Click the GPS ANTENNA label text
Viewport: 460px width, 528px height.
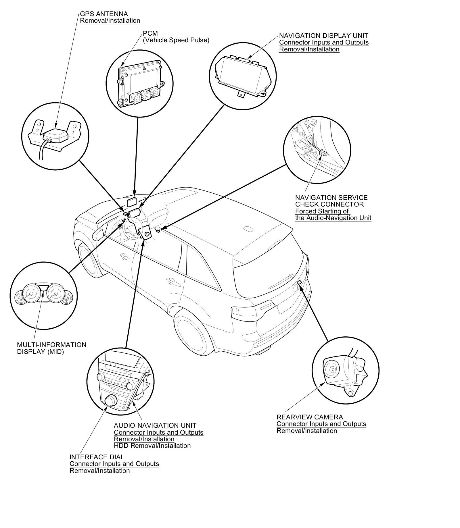[104, 14]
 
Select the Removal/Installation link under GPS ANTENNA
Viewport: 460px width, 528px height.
[110, 21]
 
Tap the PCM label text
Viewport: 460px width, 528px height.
[150, 34]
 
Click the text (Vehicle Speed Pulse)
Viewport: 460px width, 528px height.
[176, 40]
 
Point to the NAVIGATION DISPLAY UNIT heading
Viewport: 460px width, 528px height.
[323, 36]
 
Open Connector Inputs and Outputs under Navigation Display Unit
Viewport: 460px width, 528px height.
[324, 43]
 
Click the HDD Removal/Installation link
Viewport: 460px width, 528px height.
[152, 446]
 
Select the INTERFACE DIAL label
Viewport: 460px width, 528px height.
[97, 457]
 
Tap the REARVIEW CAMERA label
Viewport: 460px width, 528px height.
[310, 417]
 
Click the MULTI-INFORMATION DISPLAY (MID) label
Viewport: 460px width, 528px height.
[51, 348]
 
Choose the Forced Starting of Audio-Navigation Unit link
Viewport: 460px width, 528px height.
[333, 215]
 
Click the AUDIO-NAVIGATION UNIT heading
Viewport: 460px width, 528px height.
[155, 425]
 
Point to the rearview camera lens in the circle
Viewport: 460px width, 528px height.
[332, 369]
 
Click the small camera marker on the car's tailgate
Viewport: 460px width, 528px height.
[299, 282]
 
